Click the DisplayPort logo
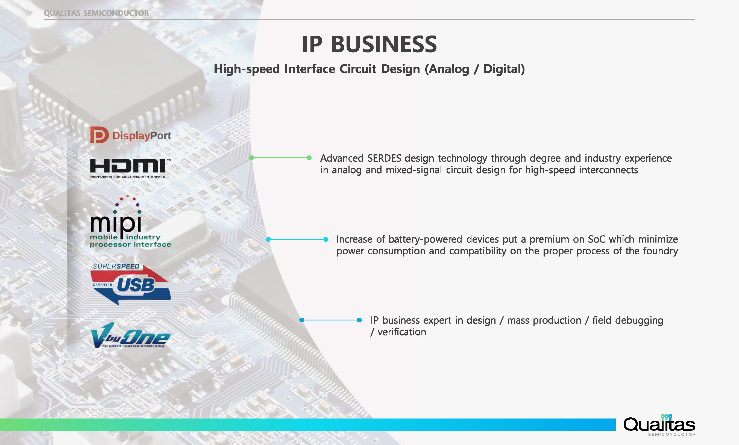tap(130, 135)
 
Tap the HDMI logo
tap(130, 169)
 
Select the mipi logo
tap(130, 221)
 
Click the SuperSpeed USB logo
tap(131, 284)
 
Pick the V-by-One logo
tap(130, 335)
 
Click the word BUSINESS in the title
tap(384, 44)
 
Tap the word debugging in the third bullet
tap(639, 320)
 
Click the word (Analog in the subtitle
tap(447, 69)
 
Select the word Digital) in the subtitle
tap(504, 69)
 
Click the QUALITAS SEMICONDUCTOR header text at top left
tap(96, 13)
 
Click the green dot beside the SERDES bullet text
tap(309, 158)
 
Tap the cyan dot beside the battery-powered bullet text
tap(326, 239)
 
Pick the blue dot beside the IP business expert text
tap(359, 320)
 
